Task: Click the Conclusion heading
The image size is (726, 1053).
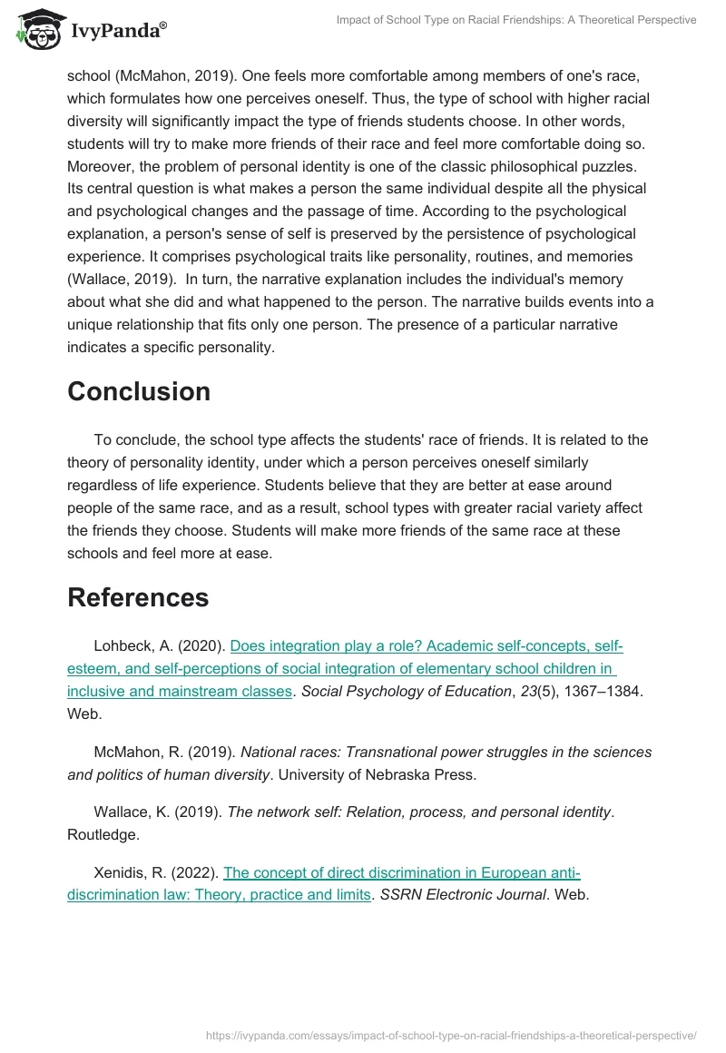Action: [139, 391]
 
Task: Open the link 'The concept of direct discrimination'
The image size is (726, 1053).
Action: [401, 872]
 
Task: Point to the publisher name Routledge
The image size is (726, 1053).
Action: [99, 833]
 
